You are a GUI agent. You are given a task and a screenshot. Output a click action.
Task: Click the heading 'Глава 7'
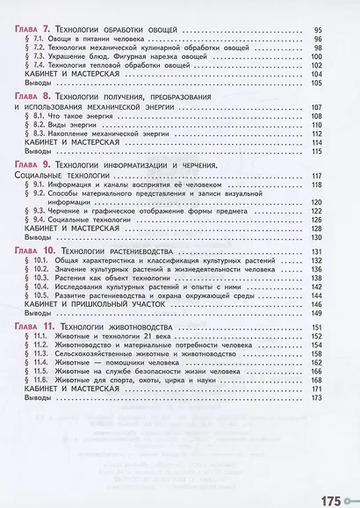point(25,31)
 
